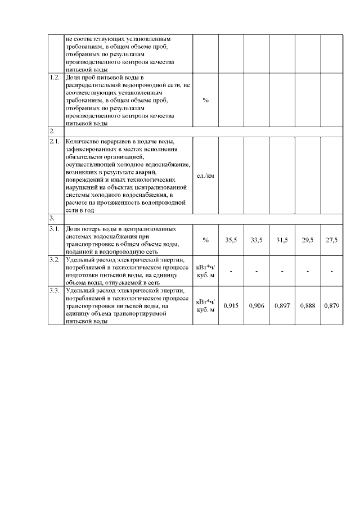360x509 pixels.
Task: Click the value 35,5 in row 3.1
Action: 231,240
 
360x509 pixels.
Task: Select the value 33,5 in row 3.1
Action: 256,240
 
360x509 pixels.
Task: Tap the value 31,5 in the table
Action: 282,240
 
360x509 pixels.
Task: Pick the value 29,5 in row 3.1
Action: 308,240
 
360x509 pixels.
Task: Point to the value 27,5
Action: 331,240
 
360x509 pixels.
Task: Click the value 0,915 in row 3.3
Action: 231,306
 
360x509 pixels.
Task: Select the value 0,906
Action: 256,306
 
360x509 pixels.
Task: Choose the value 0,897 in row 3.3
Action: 282,306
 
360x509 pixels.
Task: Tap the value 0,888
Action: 308,306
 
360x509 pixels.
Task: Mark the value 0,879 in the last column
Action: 331,306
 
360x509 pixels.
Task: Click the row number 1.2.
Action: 55,76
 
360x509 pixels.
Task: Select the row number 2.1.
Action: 55,141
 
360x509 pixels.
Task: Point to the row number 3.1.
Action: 55,229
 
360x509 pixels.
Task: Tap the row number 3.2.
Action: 55,260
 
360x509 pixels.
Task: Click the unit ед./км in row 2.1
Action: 205,175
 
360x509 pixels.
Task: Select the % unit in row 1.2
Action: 205,100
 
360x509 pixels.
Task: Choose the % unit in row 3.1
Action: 205,240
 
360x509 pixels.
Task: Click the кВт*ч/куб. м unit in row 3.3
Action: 205,306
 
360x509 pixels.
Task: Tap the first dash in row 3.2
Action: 231,272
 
